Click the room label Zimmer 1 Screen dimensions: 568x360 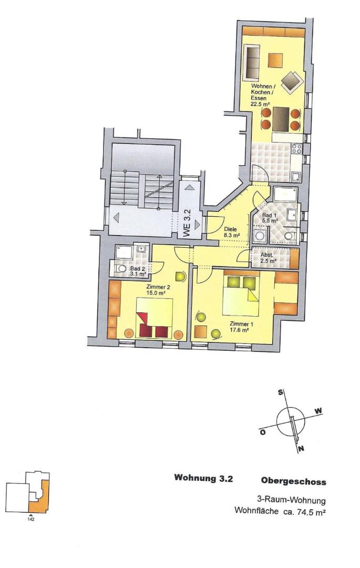(241, 327)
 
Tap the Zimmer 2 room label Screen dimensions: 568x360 (158, 289)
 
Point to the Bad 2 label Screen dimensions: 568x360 (137, 271)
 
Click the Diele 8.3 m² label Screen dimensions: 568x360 (232, 232)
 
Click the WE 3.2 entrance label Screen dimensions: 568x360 (187, 224)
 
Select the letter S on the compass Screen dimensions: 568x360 (281, 392)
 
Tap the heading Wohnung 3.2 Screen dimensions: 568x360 (203, 479)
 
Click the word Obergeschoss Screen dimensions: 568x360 (293, 481)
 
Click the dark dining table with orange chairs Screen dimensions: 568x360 (281, 119)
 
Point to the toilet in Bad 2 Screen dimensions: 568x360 (117, 269)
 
